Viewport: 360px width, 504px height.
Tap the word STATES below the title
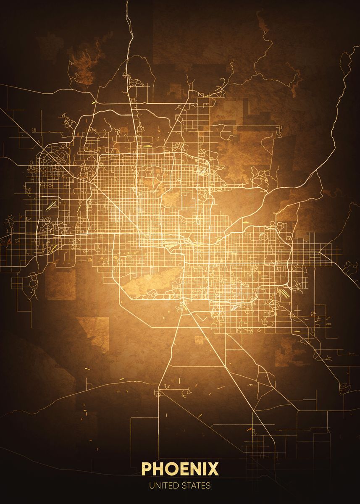pyautogui.click(x=196, y=486)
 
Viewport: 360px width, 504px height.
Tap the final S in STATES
pyautogui.click(x=208, y=486)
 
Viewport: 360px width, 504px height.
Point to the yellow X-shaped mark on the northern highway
pyautogui.click(x=96, y=102)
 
